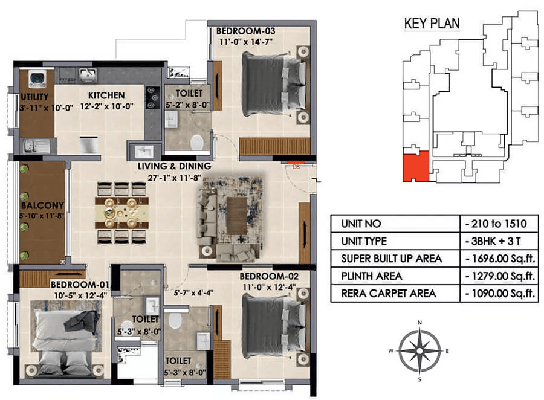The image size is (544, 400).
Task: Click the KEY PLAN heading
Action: pyautogui.click(x=432, y=23)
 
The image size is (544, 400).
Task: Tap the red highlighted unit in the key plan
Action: pyautogui.click(x=416, y=167)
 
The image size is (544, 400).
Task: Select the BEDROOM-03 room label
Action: pyautogui.click(x=245, y=31)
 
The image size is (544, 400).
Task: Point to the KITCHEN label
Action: pyautogui.click(x=106, y=95)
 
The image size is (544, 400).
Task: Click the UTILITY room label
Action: pyautogui.click(x=34, y=97)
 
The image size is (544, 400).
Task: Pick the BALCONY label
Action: pyautogui.click(x=42, y=205)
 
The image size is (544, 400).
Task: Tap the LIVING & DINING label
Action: pyautogui.click(x=174, y=166)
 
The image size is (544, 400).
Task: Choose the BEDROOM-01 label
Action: pyautogui.click(x=80, y=285)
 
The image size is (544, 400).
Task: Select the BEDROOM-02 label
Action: pyautogui.click(x=269, y=276)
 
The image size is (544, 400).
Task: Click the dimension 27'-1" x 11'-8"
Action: pyautogui.click(x=174, y=178)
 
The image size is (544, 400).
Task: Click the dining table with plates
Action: pyautogui.click(x=121, y=213)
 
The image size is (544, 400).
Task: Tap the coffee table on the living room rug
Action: pyautogui.click(x=236, y=216)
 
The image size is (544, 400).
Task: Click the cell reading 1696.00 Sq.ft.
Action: pyautogui.click(x=500, y=259)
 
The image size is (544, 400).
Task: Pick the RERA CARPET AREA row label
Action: pyautogui.click(x=389, y=294)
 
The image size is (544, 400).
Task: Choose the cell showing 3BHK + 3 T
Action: pyautogui.click(x=493, y=241)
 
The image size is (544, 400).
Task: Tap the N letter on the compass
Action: pyautogui.click(x=419, y=323)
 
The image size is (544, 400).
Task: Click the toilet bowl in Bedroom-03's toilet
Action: pyautogui.click(x=196, y=142)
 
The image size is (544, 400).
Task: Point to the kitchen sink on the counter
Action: pyautogui.click(x=88, y=74)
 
